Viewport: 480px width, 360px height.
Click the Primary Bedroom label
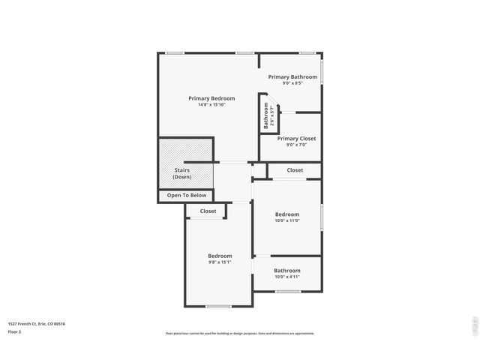(211, 98)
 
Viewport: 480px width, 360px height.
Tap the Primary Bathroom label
(292, 76)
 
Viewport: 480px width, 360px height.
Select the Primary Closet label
(296, 139)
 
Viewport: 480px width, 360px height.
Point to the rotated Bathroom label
(265, 115)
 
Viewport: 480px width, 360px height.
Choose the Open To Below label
(187, 195)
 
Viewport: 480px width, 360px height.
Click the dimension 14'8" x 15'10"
(211, 105)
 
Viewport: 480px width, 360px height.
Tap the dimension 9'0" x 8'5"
(292, 83)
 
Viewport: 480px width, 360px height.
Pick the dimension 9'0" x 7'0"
(296, 145)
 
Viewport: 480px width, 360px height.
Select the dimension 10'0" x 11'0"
(286, 220)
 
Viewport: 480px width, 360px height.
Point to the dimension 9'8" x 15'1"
(220, 262)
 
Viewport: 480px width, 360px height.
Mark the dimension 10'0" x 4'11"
(286, 277)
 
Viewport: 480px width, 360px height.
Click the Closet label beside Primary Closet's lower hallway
(295, 170)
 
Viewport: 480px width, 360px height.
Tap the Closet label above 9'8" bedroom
(208, 211)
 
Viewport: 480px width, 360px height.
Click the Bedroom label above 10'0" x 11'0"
(286, 214)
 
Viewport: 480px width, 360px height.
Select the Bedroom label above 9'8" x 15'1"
(220, 256)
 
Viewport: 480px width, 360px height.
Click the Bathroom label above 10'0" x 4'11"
(286, 271)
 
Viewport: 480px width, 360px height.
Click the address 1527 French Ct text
(37, 324)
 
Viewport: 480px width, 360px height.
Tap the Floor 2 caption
(15, 331)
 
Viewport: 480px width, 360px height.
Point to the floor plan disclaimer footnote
(240, 333)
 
